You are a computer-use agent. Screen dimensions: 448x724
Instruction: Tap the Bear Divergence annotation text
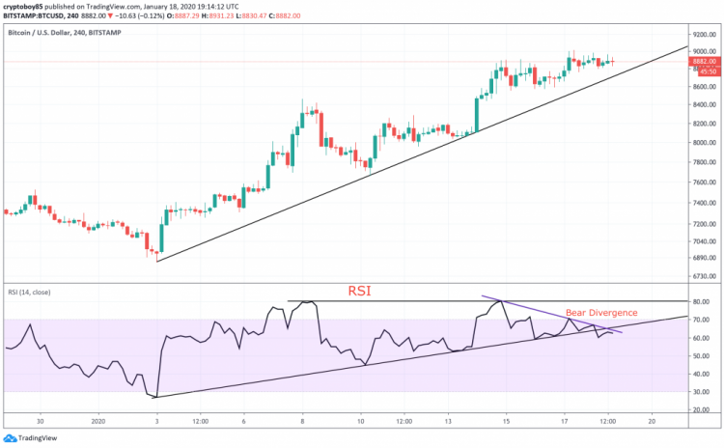coord(602,313)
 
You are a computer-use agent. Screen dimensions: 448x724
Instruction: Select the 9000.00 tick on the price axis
coord(703,50)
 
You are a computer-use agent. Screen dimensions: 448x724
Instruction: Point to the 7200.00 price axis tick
coord(703,222)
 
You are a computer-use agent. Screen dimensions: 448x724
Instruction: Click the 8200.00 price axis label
coord(703,124)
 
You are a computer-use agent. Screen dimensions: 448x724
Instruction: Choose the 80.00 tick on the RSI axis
coord(701,302)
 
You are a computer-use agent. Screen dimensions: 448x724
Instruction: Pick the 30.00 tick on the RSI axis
coord(701,392)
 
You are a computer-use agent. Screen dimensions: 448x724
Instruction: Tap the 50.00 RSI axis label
coord(701,356)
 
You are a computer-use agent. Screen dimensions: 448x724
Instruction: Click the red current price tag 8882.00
coord(704,61)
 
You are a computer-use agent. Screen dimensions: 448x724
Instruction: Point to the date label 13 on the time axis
coord(449,421)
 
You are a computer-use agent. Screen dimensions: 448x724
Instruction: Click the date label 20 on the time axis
coord(653,421)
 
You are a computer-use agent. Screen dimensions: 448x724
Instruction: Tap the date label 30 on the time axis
coord(41,421)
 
